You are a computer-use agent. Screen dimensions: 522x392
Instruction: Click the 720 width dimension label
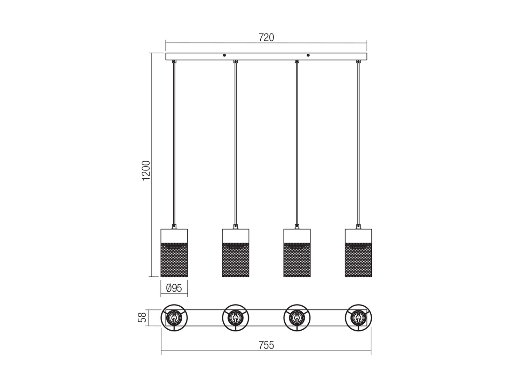[x=266, y=38]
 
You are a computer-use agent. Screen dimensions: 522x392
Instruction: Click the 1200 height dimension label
[x=146, y=171]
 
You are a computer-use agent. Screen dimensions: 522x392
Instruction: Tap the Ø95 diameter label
[x=174, y=288]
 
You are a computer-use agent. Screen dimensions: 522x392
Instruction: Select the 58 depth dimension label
[x=142, y=317]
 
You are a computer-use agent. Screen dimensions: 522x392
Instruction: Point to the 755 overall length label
[x=266, y=345]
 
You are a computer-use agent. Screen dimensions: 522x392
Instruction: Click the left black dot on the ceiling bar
[x=224, y=55]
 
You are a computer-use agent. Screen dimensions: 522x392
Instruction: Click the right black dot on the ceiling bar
[x=308, y=55]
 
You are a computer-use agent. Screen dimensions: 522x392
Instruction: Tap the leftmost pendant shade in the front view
[x=174, y=253]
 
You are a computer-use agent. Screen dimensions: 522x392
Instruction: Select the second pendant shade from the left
[x=236, y=253]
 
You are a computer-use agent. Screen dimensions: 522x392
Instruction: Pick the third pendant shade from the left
[x=297, y=253]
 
